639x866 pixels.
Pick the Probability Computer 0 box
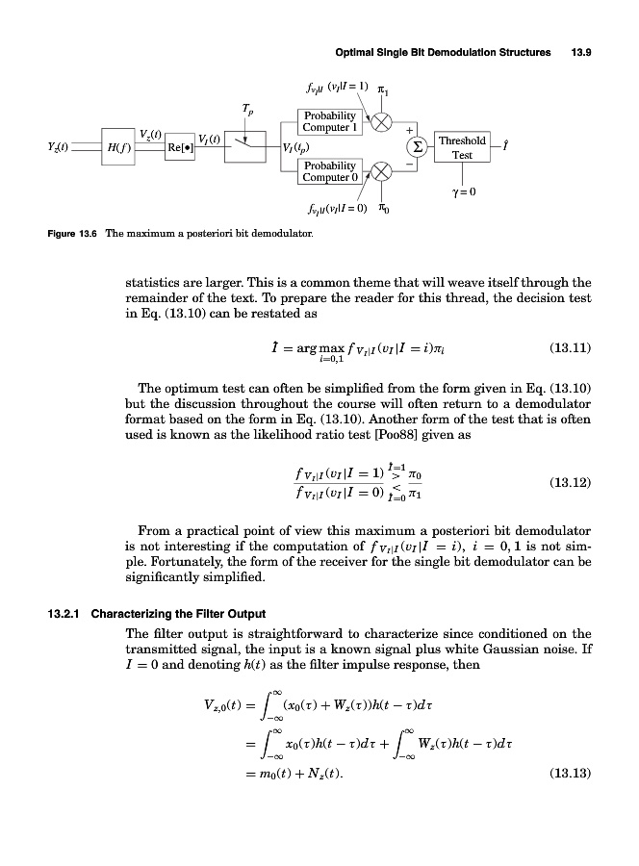[328, 171]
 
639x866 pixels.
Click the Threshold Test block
[462, 146]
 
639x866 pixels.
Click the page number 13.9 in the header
[580, 52]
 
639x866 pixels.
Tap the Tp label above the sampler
[248, 110]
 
